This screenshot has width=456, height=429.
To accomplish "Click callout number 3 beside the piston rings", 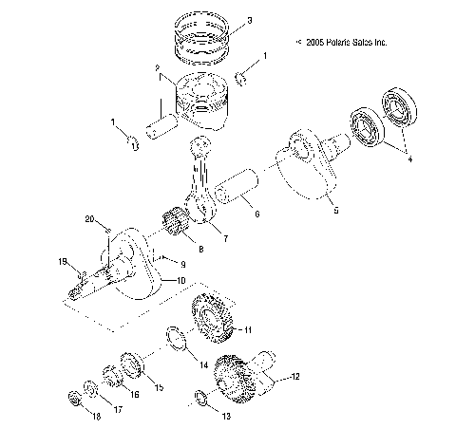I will coord(249,21).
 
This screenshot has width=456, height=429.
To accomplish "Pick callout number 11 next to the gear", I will coord(247,329).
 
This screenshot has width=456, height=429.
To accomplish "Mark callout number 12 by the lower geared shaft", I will coord(295,377).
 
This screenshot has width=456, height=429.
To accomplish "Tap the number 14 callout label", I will coord(203,364).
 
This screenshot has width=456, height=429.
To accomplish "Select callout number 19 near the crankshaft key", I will coord(64,261).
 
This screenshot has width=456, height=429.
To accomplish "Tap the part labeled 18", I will coord(73,397).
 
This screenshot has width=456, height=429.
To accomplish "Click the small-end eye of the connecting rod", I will coord(200,144).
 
